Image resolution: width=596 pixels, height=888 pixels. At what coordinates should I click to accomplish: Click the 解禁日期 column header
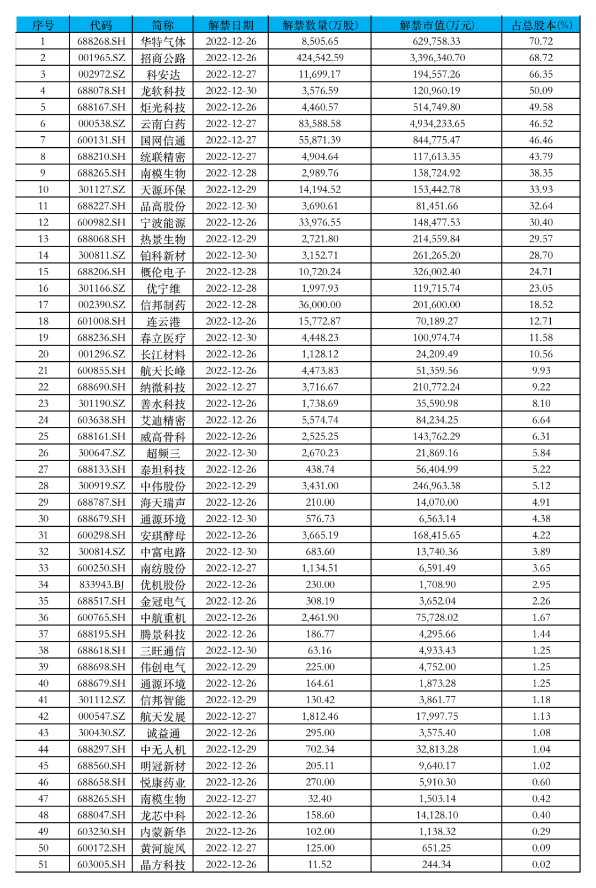231,25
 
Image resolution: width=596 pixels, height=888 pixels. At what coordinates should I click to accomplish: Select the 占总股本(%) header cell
541,25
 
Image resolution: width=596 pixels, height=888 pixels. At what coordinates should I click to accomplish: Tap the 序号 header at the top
43,25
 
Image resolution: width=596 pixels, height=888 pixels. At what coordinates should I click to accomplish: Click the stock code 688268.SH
101,41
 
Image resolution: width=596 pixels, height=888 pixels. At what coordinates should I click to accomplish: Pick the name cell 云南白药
163,124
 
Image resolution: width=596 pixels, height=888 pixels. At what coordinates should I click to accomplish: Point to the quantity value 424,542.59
320,58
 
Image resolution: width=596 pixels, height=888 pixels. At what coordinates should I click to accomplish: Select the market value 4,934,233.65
437,124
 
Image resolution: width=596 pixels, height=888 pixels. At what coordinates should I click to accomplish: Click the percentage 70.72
541,41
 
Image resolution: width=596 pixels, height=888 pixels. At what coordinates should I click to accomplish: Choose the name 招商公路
163,58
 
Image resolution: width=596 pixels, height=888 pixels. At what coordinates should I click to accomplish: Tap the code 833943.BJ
101,585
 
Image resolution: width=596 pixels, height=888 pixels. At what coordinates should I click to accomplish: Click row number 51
43,864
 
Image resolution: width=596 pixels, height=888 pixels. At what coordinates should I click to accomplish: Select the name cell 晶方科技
163,864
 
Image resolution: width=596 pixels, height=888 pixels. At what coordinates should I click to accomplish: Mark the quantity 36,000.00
320,304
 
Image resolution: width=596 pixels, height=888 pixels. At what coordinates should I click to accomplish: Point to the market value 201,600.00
437,304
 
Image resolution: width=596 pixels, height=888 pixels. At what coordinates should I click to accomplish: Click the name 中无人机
163,749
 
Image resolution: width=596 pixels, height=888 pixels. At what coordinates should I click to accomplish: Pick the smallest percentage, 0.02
541,864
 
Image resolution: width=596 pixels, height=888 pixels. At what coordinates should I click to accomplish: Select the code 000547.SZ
101,716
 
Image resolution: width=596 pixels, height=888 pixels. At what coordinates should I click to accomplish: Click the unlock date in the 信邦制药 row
231,304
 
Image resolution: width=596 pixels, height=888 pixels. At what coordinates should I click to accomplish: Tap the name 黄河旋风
163,848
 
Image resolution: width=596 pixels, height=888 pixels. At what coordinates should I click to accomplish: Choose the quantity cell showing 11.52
320,864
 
